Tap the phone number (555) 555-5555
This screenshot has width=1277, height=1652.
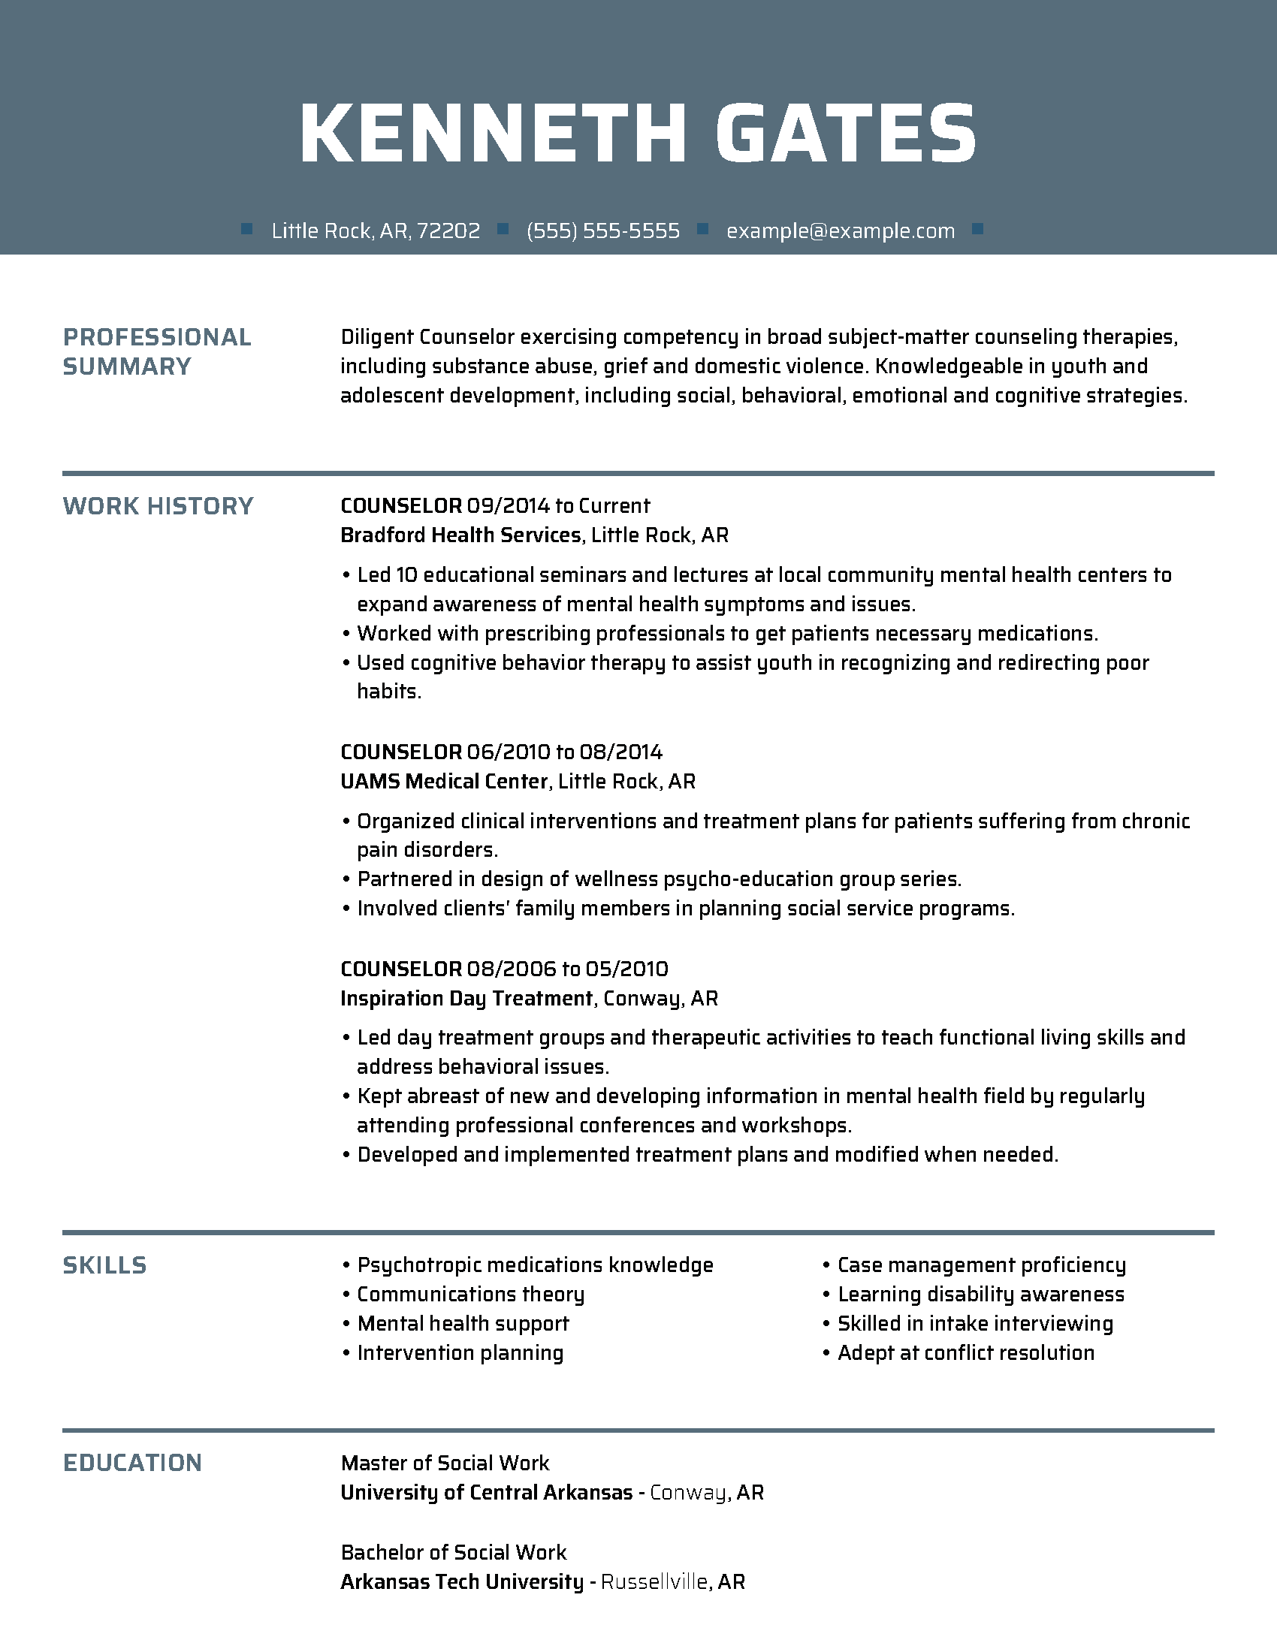603,231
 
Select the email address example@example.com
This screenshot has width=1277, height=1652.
841,231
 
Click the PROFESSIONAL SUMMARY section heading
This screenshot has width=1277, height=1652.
156,351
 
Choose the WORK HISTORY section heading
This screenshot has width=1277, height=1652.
158,506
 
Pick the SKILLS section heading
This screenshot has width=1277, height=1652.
104,1265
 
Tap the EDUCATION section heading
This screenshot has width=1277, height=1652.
132,1463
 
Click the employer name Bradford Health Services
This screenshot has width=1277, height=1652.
460,535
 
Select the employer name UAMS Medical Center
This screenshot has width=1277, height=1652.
443,782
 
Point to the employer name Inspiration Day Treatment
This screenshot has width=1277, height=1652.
466,999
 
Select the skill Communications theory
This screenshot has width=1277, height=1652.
470,1295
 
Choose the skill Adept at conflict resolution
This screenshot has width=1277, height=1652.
966,1353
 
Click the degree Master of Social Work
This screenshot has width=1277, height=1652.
445,1464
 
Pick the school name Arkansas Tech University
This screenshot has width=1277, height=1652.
461,1581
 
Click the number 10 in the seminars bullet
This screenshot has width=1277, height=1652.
406,575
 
